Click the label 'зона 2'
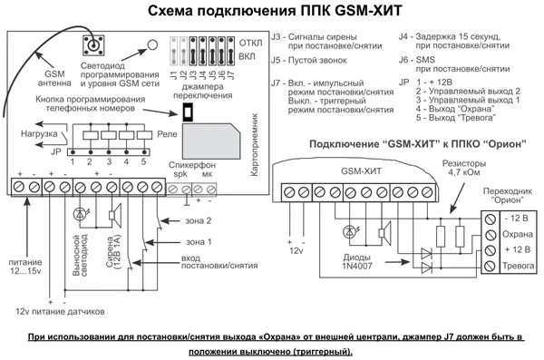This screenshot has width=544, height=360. pos(198,221)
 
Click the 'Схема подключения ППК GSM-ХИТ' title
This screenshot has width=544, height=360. pos(273,13)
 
